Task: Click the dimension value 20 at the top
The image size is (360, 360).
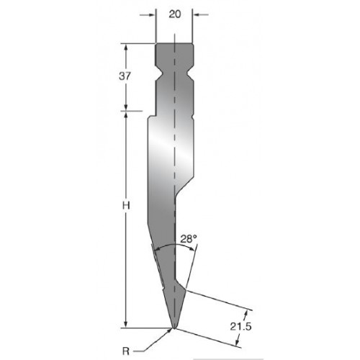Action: point(174,14)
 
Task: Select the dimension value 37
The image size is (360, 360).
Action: point(125,76)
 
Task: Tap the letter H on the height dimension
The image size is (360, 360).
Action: point(126,206)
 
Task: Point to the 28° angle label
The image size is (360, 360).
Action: point(189,239)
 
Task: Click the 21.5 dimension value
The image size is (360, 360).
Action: point(240,327)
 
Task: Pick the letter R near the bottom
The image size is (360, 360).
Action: point(126,351)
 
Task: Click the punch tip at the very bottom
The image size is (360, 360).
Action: point(174,328)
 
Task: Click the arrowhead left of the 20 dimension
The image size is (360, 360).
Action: point(152,15)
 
